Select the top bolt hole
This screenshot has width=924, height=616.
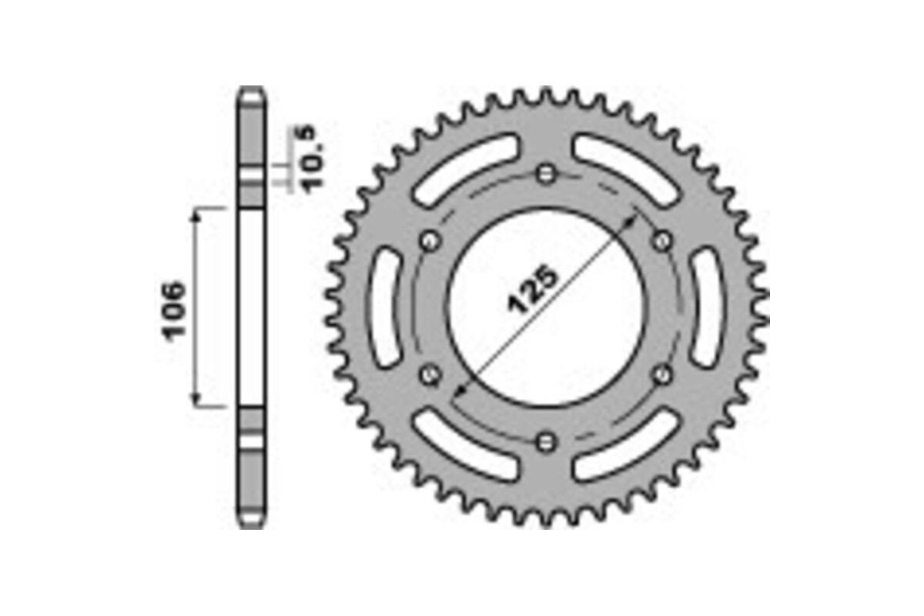click(547, 174)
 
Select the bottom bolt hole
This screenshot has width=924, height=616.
click(547, 441)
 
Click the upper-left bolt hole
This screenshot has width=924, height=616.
click(430, 241)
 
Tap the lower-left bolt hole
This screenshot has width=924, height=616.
click(430, 375)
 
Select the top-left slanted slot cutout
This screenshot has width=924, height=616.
click(465, 169)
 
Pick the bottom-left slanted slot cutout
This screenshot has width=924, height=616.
click(465, 447)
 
